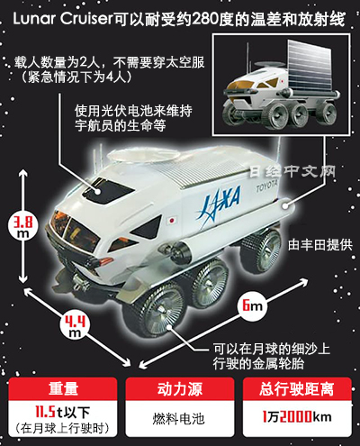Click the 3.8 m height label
pyautogui.click(x=22, y=226)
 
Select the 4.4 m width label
pyautogui.click(x=74, y=325)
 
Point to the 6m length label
pyautogui.click(x=252, y=305)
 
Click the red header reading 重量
pyautogui.click(x=63, y=388)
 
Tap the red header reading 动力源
pyautogui.click(x=180, y=388)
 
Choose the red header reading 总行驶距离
pyautogui.click(x=297, y=388)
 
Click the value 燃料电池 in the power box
pyautogui.click(x=179, y=418)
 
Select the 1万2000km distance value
pyautogui.click(x=297, y=417)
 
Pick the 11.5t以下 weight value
pyautogui.click(x=63, y=412)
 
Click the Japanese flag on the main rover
pyautogui.click(x=172, y=221)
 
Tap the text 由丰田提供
pyautogui.click(x=319, y=245)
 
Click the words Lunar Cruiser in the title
pyautogui.click(x=62, y=20)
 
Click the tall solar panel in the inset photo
pyautogui.click(x=309, y=68)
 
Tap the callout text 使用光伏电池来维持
pyautogui.click(x=133, y=111)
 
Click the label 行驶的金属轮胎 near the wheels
pyautogui.click(x=258, y=364)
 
